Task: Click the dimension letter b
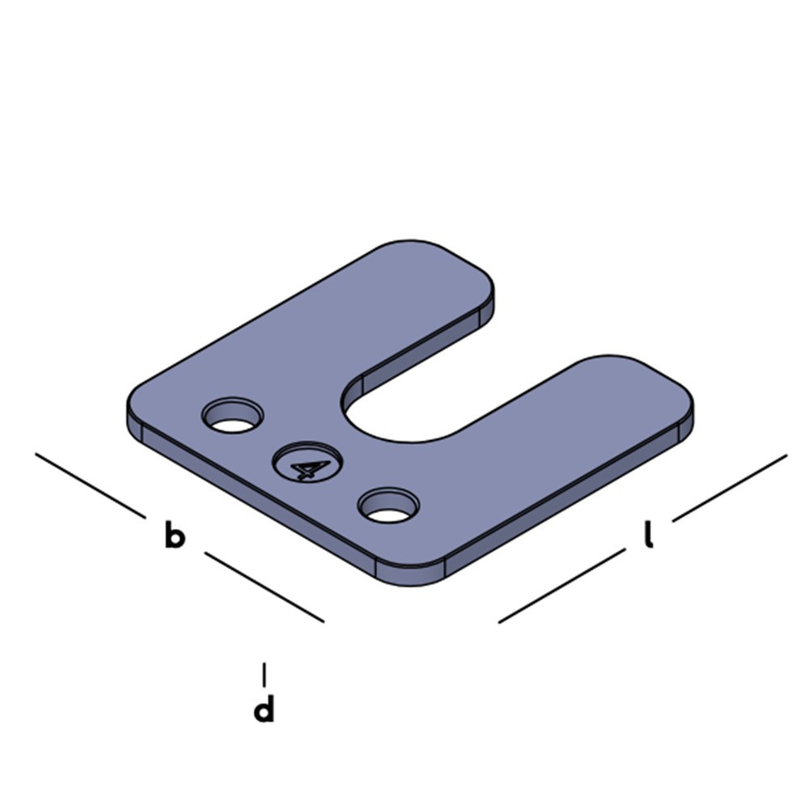tap(175, 535)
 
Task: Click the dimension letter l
tap(649, 535)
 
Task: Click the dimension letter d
tap(264, 708)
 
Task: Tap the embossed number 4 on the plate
tap(308, 468)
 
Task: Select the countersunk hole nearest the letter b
tap(232, 415)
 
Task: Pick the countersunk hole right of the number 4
tap(388, 505)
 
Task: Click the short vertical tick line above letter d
tap(265, 675)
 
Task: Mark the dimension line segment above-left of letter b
tap(91, 485)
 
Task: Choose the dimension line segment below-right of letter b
tap(265, 587)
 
